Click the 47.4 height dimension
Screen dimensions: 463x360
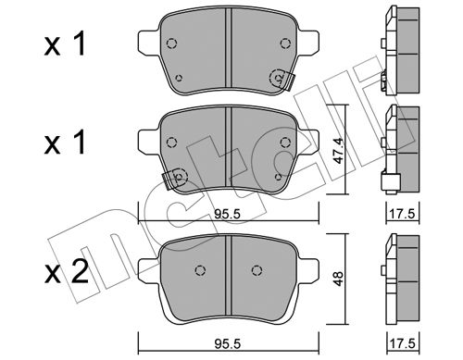point(339,151)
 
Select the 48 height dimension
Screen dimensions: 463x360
point(339,279)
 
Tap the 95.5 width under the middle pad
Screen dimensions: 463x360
point(227,214)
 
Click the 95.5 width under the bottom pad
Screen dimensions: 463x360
point(227,343)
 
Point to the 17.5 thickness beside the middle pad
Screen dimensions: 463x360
point(403,214)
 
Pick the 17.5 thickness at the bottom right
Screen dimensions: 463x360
point(403,343)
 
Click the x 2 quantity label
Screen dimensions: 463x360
point(67,271)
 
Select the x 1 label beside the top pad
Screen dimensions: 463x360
point(65,44)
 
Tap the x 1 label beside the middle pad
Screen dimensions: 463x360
point(65,143)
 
